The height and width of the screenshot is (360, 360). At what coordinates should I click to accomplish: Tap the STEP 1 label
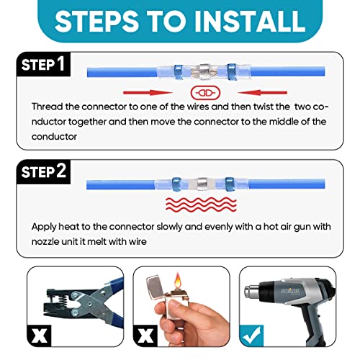click(43, 64)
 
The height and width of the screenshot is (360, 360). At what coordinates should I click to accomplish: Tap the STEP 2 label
click(43, 171)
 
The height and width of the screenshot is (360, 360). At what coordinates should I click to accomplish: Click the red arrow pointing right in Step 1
click(148, 93)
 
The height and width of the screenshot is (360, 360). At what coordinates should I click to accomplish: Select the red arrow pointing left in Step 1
click(262, 93)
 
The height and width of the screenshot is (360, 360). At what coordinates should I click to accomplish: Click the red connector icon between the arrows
click(205, 93)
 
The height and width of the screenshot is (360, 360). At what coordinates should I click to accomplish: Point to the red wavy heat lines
click(201, 204)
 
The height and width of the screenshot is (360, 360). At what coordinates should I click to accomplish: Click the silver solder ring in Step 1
click(204, 73)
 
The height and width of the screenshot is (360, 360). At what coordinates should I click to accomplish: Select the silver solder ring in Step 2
click(202, 184)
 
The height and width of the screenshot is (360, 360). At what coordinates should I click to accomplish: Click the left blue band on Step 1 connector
click(179, 72)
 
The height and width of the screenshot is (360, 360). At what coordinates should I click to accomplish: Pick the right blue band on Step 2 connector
click(230, 184)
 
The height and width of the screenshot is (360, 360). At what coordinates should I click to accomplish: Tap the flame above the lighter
click(177, 281)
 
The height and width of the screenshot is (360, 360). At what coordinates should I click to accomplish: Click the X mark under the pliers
click(40, 336)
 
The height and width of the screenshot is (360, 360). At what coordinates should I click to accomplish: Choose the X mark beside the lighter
click(145, 336)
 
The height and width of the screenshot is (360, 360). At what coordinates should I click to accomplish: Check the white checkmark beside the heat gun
click(251, 336)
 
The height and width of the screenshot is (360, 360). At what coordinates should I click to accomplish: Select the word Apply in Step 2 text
click(43, 227)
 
